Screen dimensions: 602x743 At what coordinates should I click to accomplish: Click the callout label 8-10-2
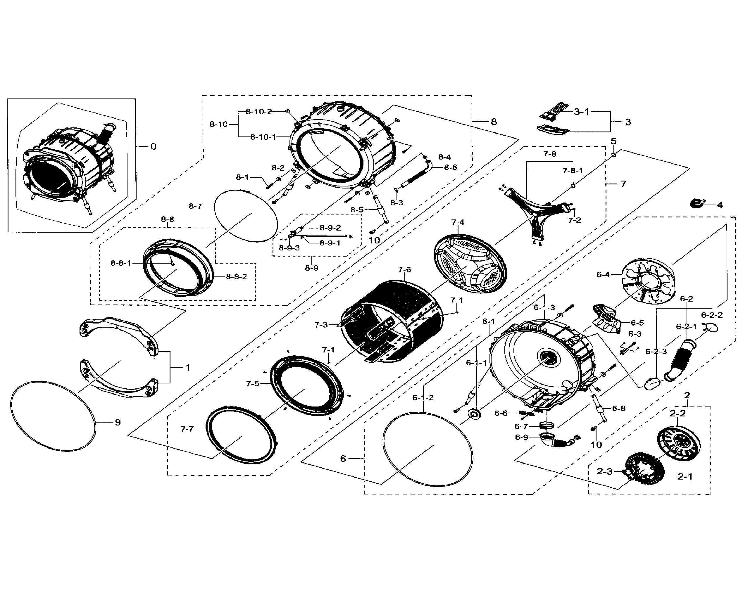coord(258,112)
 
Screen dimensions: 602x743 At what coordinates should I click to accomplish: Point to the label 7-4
coord(458,222)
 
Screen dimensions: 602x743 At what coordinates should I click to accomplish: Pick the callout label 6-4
coord(603,275)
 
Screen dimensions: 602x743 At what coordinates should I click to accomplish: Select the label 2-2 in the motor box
coord(678,413)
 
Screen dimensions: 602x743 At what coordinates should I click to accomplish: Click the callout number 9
coord(118,422)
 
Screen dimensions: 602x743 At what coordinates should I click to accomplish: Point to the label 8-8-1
coord(121,263)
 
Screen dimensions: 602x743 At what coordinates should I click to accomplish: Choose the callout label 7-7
coord(187,429)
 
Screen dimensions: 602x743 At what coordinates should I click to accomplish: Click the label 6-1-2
coord(423,398)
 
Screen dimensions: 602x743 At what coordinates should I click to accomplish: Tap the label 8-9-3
coord(289,248)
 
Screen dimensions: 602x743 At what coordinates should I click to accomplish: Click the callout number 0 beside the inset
coord(153,146)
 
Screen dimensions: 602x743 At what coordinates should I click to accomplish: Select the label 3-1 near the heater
coord(581,112)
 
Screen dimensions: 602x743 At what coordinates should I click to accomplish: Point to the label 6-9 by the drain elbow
coord(522,437)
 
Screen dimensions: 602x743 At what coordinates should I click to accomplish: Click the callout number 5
coord(613,141)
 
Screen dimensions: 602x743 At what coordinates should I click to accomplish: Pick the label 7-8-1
coord(573,171)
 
